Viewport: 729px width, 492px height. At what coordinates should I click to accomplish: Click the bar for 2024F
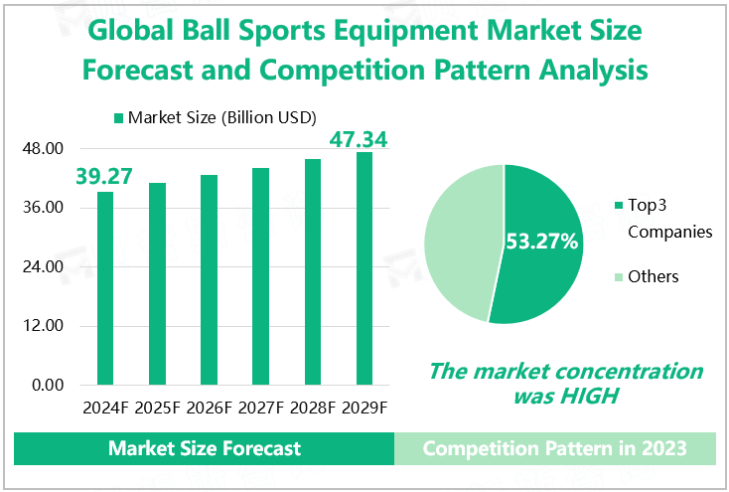click(104, 288)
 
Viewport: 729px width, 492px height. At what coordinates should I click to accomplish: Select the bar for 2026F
click(209, 279)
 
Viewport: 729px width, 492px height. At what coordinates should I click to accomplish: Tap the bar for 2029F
click(364, 268)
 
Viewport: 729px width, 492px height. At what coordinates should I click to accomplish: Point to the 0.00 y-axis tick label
click(47, 385)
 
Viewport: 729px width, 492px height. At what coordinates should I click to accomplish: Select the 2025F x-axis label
click(157, 408)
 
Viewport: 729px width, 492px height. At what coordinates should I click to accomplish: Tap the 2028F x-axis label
click(312, 408)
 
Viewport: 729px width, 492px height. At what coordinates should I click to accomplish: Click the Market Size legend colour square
click(119, 118)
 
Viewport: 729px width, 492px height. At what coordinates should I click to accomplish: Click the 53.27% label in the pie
click(542, 242)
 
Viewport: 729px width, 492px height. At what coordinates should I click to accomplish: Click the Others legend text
click(653, 276)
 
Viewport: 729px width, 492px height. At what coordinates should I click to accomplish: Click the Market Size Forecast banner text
click(205, 448)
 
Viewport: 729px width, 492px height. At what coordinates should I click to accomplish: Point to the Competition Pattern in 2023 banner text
click(554, 448)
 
